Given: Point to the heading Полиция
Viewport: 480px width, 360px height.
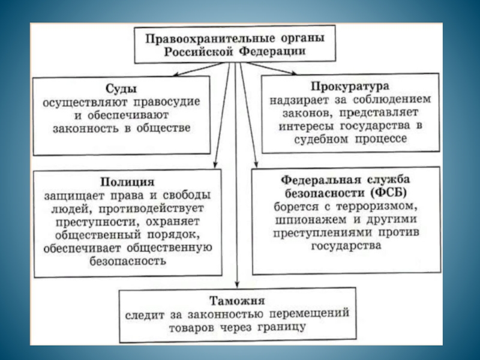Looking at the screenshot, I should pos(122,181).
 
